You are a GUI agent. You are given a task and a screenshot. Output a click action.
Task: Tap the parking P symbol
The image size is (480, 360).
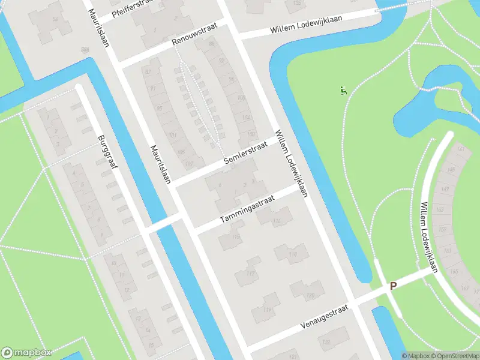point(394,286)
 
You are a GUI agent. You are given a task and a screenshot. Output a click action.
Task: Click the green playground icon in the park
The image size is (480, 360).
point(343,91)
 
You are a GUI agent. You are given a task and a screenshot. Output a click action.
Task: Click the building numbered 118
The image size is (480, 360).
point(293,254)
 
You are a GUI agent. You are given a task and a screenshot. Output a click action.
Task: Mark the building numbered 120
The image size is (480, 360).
point(310,295)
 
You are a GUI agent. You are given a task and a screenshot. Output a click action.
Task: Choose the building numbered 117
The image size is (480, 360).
point(250,275)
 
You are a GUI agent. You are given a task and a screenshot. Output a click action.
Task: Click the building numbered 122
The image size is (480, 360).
point(326,342)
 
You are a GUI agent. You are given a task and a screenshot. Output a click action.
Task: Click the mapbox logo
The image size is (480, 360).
point(26,353)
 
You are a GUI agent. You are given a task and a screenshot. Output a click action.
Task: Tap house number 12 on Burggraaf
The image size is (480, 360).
point(126,290)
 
